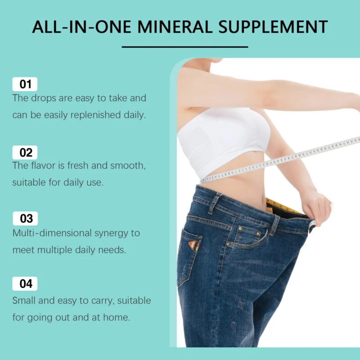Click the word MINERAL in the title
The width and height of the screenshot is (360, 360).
tap(175, 27)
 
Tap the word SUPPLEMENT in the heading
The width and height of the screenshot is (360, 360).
tap(273, 27)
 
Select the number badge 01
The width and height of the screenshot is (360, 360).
tap(25, 84)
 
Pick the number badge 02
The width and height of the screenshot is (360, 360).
tap(25, 153)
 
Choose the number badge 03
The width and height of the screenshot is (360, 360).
tap(25, 218)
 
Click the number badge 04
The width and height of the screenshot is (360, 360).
tap(25, 284)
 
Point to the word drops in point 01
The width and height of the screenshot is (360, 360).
tap(43, 98)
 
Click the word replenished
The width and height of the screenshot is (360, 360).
tap(95, 115)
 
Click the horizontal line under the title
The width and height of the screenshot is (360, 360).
tap(185, 47)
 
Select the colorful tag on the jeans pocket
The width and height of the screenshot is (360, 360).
tap(194, 244)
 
